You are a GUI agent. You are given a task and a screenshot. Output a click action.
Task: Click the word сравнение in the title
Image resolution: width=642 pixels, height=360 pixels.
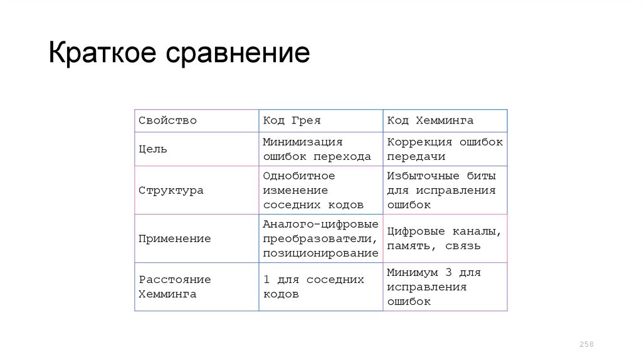(238, 55)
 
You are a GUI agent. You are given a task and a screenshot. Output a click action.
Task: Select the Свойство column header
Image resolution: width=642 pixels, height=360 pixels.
(167, 120)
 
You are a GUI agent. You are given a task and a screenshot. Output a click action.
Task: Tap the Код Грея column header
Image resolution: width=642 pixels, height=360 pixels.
(292, 120)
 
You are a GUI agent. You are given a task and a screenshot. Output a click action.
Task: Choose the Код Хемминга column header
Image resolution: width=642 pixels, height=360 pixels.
(430, 120)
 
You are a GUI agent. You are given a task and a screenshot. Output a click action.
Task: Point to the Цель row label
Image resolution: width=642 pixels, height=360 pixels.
(152, 149)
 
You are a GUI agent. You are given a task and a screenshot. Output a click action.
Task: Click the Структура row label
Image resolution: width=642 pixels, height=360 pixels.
(171, 190)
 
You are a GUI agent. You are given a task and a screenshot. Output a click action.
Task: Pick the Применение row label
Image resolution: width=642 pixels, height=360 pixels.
(174, 238)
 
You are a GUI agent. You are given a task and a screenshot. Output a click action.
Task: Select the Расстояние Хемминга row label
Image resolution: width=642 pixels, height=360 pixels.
(174, 287)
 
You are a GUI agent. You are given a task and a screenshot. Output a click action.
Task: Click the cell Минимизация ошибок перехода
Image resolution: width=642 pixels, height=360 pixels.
(317, 149)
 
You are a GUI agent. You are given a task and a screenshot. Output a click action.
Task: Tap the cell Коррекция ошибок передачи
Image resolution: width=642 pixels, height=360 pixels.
(445, 149)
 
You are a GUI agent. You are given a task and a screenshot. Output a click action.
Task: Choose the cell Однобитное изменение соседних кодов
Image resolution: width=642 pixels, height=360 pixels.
(313, 190)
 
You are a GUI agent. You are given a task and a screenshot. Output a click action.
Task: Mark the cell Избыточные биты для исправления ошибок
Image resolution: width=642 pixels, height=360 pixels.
(441, 190)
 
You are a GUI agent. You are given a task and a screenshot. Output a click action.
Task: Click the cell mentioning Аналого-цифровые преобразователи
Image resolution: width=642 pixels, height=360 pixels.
(320, 238)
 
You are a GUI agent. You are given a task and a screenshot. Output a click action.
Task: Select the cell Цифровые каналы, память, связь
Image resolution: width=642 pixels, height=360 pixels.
(444, 238)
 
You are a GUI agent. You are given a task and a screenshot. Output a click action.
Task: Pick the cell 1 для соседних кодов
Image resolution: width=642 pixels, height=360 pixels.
(313, 287)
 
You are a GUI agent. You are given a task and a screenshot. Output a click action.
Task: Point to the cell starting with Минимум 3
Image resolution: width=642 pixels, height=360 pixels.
(433, 287)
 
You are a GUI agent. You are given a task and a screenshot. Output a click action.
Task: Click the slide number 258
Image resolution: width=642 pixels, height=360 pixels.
(586, 344)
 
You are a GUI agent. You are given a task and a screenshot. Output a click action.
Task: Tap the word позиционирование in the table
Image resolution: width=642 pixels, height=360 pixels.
(320, 253)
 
